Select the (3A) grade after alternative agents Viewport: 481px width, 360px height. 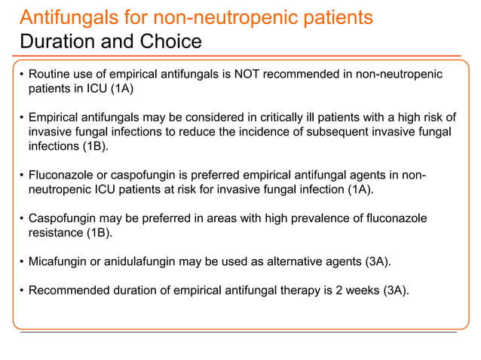pyautogui.click(x=377, y=261)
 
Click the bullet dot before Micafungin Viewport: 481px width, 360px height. pyautogui.click(x=22, y=262)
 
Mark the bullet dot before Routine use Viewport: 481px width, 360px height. pyautogui.click(x=22, y=75)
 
